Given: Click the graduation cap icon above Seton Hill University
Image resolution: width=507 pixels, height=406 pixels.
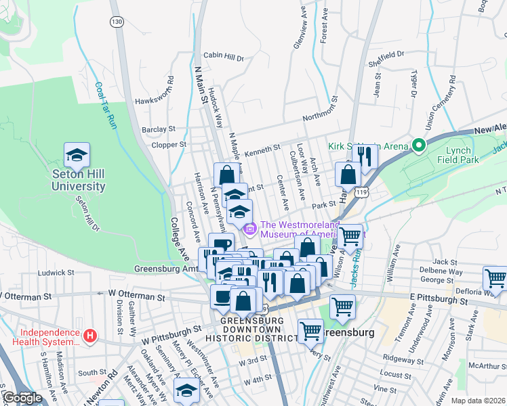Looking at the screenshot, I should [x=77, y=155].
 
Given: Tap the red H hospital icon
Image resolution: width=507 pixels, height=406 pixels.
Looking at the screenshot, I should [x=90, y=335].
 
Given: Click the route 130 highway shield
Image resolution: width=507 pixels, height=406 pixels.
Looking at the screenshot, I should [x=118, y=22].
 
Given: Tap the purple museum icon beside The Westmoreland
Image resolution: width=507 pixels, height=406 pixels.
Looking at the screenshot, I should [x=249, y=230].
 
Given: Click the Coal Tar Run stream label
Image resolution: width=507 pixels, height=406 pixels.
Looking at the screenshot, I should [x=104, y=106].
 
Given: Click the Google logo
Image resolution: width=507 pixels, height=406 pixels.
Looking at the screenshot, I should [x=22, y=398].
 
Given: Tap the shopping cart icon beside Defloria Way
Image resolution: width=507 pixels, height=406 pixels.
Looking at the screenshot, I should [x=495, y=278].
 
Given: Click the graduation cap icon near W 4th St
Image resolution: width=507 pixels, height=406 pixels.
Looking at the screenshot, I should [x=186, y=390].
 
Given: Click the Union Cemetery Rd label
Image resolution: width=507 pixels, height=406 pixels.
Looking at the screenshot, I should [x=439, y=101].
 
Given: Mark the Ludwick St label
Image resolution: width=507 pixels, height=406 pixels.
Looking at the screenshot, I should [x=55, y=273].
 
